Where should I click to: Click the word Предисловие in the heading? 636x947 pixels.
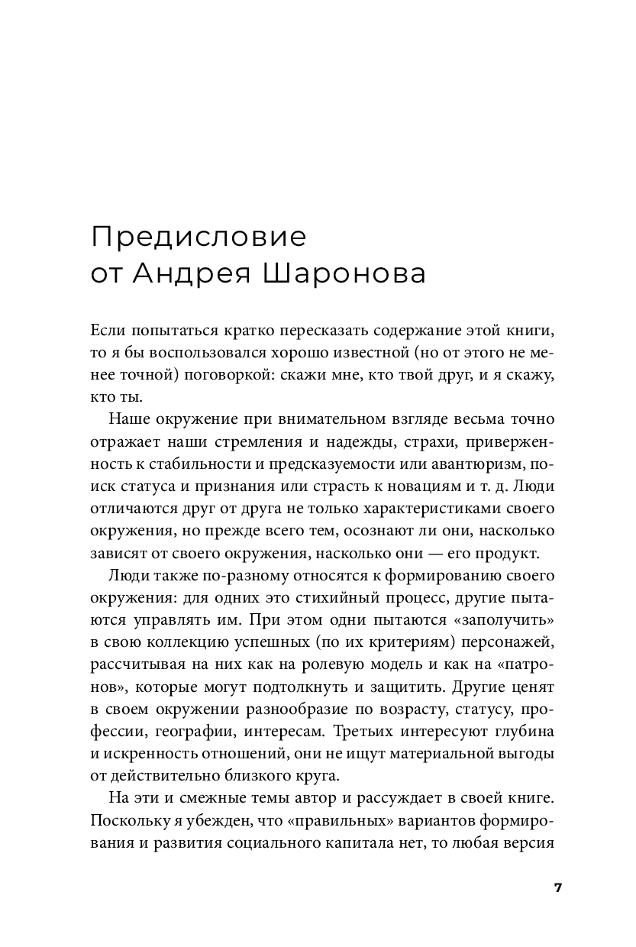[x=198, y=237]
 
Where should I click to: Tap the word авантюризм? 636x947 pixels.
[x=467, y=465]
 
